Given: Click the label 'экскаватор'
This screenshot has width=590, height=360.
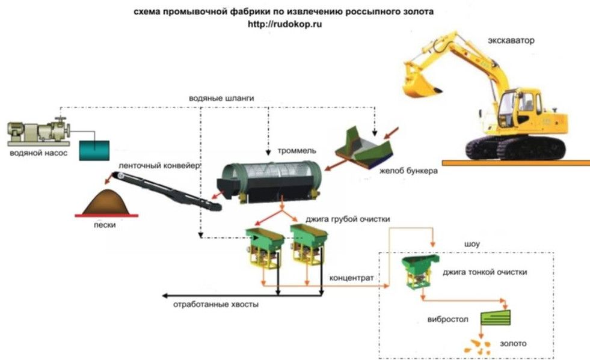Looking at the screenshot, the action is tap(511, 41).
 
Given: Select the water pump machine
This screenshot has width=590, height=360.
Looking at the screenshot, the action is tap(38, 132).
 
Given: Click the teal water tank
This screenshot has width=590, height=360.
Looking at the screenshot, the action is tap(94, 150).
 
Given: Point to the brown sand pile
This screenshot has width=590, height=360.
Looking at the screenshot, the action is tap(106, 203).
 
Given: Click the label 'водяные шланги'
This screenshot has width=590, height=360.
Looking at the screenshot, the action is tap(221, 98).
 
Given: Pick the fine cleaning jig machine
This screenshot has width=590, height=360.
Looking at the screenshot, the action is tap(420, 272).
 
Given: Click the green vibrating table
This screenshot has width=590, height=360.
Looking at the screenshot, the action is tap(496, 317).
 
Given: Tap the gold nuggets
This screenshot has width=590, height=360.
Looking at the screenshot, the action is tap(477, 346).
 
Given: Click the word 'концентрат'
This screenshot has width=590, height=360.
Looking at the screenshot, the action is tap(351, 278).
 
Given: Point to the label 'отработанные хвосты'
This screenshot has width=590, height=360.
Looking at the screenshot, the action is tap(215, 304).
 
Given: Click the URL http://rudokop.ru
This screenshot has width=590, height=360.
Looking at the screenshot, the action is tap(285, 24).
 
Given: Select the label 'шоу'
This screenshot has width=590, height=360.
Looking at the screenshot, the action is tap(472, 244).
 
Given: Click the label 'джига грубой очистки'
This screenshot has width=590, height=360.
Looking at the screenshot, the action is tap(347, 219).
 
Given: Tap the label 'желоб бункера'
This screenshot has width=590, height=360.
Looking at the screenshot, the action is tap(408, 171).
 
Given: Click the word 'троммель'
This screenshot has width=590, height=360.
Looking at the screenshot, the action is tap(297, 150).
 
